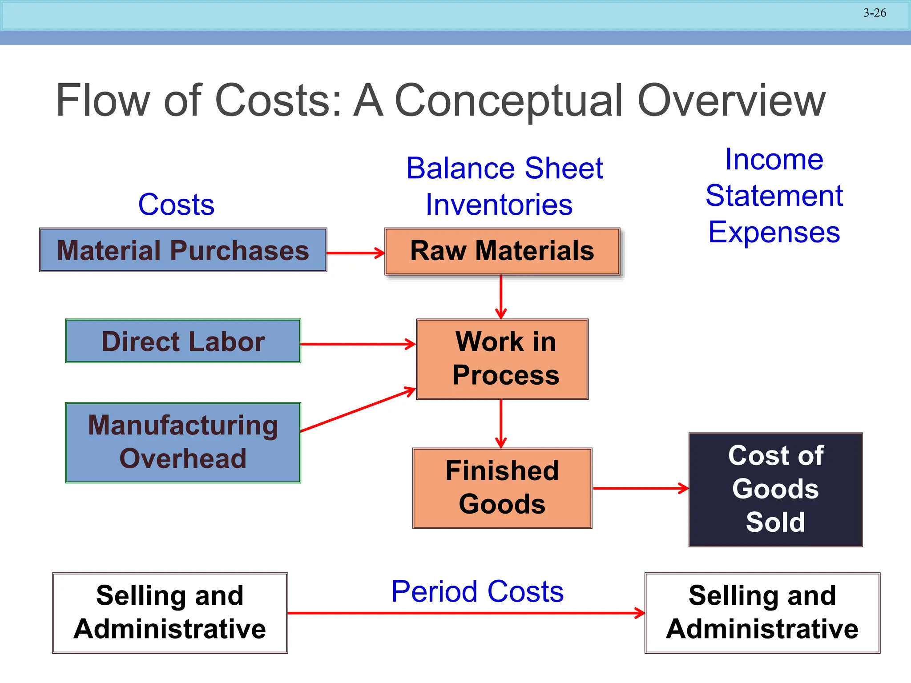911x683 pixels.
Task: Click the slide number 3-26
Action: (x=875, y=13)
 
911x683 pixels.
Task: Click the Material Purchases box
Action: (x=183, y=250)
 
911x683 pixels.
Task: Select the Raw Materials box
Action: (x=502, y=251)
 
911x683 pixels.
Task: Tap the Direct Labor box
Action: (x=183, y=341)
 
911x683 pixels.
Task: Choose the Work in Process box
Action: (x=502, y=359)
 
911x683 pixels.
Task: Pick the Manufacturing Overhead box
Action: (x=183, y=442)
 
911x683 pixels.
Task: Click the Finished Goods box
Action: (x=502, y=488)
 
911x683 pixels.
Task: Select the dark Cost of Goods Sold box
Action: (x=775, y=489)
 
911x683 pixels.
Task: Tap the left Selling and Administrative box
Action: (x=170, y=613)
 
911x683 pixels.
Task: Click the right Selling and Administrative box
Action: (x=762, y=613)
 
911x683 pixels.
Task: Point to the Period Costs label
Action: (x=477, y=591)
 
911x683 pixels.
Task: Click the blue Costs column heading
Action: (x=176, y=205)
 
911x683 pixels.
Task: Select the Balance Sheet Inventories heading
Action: (x=504, y=186)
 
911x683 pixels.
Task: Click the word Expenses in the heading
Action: (x=774, y=232)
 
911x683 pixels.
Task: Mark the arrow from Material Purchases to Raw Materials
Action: (x=355, y=253)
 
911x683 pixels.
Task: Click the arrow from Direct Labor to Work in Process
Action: (x=358, y=344)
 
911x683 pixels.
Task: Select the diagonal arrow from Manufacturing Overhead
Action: (x=358, y=410)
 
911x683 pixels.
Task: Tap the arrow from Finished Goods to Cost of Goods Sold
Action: (x=641, y=488)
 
